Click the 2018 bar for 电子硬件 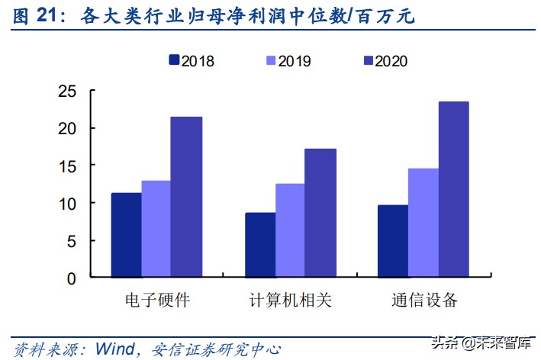126,236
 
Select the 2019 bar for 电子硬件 156,230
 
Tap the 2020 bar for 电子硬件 185,198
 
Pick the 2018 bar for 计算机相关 260,246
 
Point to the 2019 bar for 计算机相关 290,231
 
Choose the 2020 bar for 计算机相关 320,214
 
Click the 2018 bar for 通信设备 393,242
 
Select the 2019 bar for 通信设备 423,223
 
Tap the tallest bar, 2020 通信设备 453,190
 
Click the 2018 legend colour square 172,61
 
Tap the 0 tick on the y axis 71,278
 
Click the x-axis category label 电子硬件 156,300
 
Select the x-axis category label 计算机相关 290,300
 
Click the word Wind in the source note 114,349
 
